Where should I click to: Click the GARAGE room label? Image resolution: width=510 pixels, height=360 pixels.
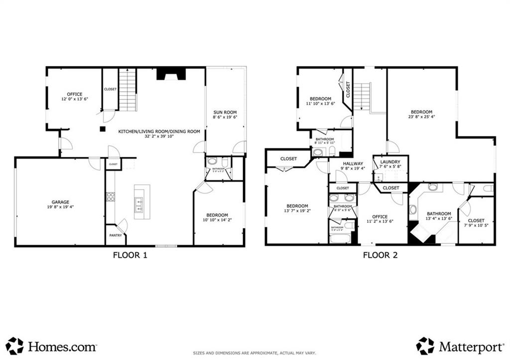[60, 202]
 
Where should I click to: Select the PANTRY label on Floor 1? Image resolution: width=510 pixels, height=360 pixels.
[116, 235]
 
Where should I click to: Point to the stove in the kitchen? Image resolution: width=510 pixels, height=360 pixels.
[110, 196]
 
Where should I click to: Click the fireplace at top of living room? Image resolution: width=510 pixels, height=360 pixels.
[171, 74]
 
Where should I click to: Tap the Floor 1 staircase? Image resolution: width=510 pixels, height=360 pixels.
[127, 90]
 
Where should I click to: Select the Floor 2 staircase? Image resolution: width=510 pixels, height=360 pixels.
[362, 97]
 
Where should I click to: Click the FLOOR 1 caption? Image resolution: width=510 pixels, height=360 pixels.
[130, 255]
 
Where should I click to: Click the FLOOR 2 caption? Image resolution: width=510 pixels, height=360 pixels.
[380, 255]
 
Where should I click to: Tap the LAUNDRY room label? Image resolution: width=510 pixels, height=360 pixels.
[390, 162]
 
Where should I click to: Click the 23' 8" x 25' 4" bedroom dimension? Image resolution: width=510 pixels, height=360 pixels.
[421, 118]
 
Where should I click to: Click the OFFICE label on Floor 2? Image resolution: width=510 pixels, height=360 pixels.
[380, 216]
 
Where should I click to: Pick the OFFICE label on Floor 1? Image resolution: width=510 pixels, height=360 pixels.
[75, 94]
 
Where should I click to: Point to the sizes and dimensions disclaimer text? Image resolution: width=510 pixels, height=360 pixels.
[255, 354]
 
